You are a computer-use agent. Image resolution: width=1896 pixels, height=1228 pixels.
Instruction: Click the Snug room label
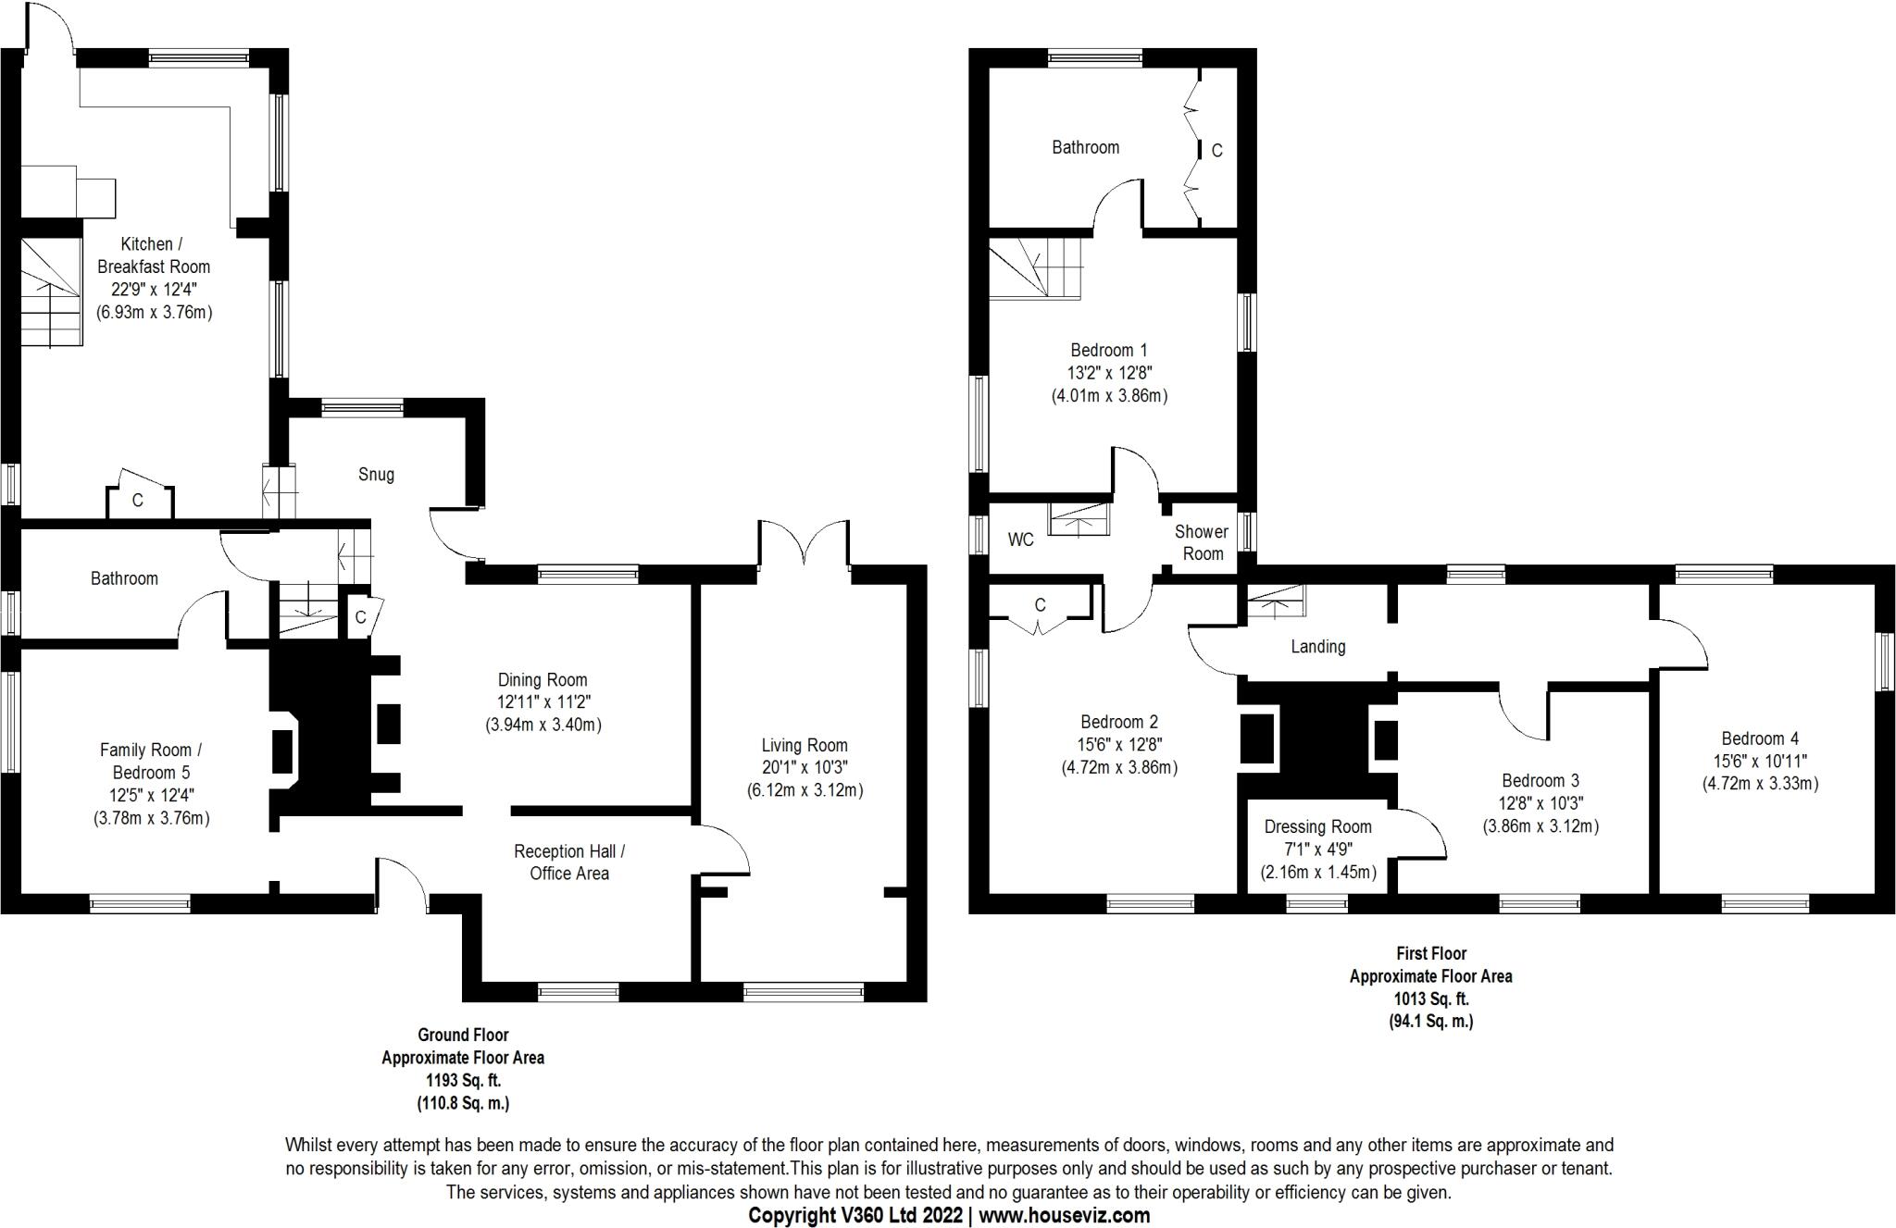click(x=376, y=475)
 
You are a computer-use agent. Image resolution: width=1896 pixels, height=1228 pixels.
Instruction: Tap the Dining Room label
click(x=543, y=680)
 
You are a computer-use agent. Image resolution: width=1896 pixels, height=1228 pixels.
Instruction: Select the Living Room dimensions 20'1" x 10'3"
click(x=805, y=768)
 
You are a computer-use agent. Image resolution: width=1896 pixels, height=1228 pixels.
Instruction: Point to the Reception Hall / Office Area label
click(x=569, y=862)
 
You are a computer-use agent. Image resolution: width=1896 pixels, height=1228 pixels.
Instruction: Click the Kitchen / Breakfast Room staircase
click(x=51, y=291)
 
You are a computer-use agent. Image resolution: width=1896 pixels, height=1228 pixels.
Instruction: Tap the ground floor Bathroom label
click(x=124, y=578)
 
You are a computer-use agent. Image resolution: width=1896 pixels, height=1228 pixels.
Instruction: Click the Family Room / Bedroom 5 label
click(x=145, y=762)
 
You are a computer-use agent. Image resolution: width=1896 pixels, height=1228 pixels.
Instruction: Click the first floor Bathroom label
click(x=1085, y=147)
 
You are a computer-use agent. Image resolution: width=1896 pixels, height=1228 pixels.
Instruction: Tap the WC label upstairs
click(x=1020, y=540)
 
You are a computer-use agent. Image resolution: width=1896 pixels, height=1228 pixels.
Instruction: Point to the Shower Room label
click(x=1202, y=542)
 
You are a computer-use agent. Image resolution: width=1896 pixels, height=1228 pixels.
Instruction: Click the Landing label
click(x=1317, y=647)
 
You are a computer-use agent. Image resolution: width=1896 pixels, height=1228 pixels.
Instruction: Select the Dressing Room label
click(x=1317, y=826)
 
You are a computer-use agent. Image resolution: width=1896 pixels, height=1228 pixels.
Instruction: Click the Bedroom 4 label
click(x=1760, y=738)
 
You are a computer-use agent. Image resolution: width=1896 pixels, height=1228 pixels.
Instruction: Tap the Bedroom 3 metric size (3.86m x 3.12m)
click(x=1540, y=826)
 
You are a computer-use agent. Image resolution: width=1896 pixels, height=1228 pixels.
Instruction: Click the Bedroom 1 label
click(x=1109, y=351)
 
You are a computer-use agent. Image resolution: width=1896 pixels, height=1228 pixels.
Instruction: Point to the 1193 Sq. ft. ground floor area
click(x=463, y=1080)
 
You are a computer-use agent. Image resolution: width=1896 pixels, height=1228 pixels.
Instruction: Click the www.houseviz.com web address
click(x=1065, y=1215)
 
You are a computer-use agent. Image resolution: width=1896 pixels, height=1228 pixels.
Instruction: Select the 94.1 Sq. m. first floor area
click(x=1431, y=1022)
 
